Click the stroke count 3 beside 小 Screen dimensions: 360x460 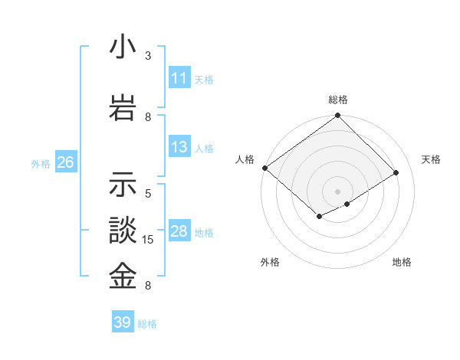tap(148, 56)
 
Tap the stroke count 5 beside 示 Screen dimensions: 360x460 tap(148, 194)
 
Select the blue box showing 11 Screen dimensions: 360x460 tap(179, 78)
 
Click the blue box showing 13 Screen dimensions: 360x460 tap(179, 147)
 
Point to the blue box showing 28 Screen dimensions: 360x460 tap(179, 231)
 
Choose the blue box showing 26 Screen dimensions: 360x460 tap(65, 162)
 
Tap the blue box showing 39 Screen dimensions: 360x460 tap(122, 322)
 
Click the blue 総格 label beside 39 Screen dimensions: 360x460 tap(148, 324)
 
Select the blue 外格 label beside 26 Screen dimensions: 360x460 tap(41, 163)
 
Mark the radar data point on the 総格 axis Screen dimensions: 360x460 tap(337, 116)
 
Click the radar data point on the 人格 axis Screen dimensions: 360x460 tap(264, 168)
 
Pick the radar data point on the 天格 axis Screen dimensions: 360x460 tap(396, 173)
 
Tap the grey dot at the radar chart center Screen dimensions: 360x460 tap(337, 191)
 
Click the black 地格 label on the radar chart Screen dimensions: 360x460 tap(402, 263)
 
